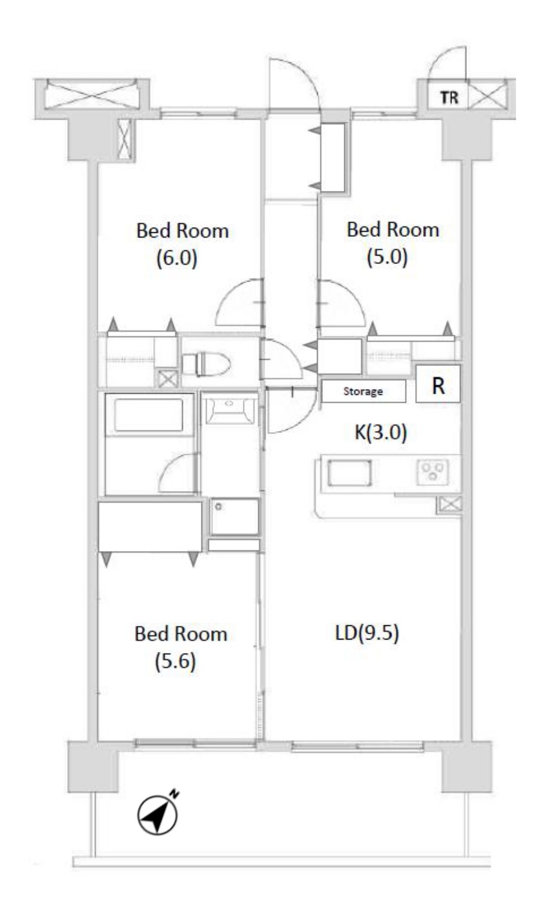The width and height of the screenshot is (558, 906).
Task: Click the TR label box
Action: (x=448, y=97)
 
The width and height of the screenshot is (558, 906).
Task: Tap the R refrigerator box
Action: (x=438, y=384)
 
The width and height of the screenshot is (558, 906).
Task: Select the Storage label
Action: (x=363, y=391)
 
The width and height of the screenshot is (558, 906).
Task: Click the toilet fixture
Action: (x=206, y=364)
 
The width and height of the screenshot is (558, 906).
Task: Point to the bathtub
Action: (x=149, y=414)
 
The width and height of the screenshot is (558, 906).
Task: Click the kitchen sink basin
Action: (x=349, y=472)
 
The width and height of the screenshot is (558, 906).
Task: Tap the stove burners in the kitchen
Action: (x=433, y=472)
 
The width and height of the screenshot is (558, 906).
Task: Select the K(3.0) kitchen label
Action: (x=380, y=432)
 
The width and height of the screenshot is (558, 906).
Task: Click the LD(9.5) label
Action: (x=367, y=632)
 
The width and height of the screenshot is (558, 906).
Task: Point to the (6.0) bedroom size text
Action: (x=177, y=258)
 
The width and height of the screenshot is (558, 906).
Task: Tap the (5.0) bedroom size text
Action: (x=387, y=257)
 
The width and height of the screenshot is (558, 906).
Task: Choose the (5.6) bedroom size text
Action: (x=175, y=661)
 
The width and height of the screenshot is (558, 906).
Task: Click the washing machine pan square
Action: (x=234, y=516)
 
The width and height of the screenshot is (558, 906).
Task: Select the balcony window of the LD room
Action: (x=357, y=745)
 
